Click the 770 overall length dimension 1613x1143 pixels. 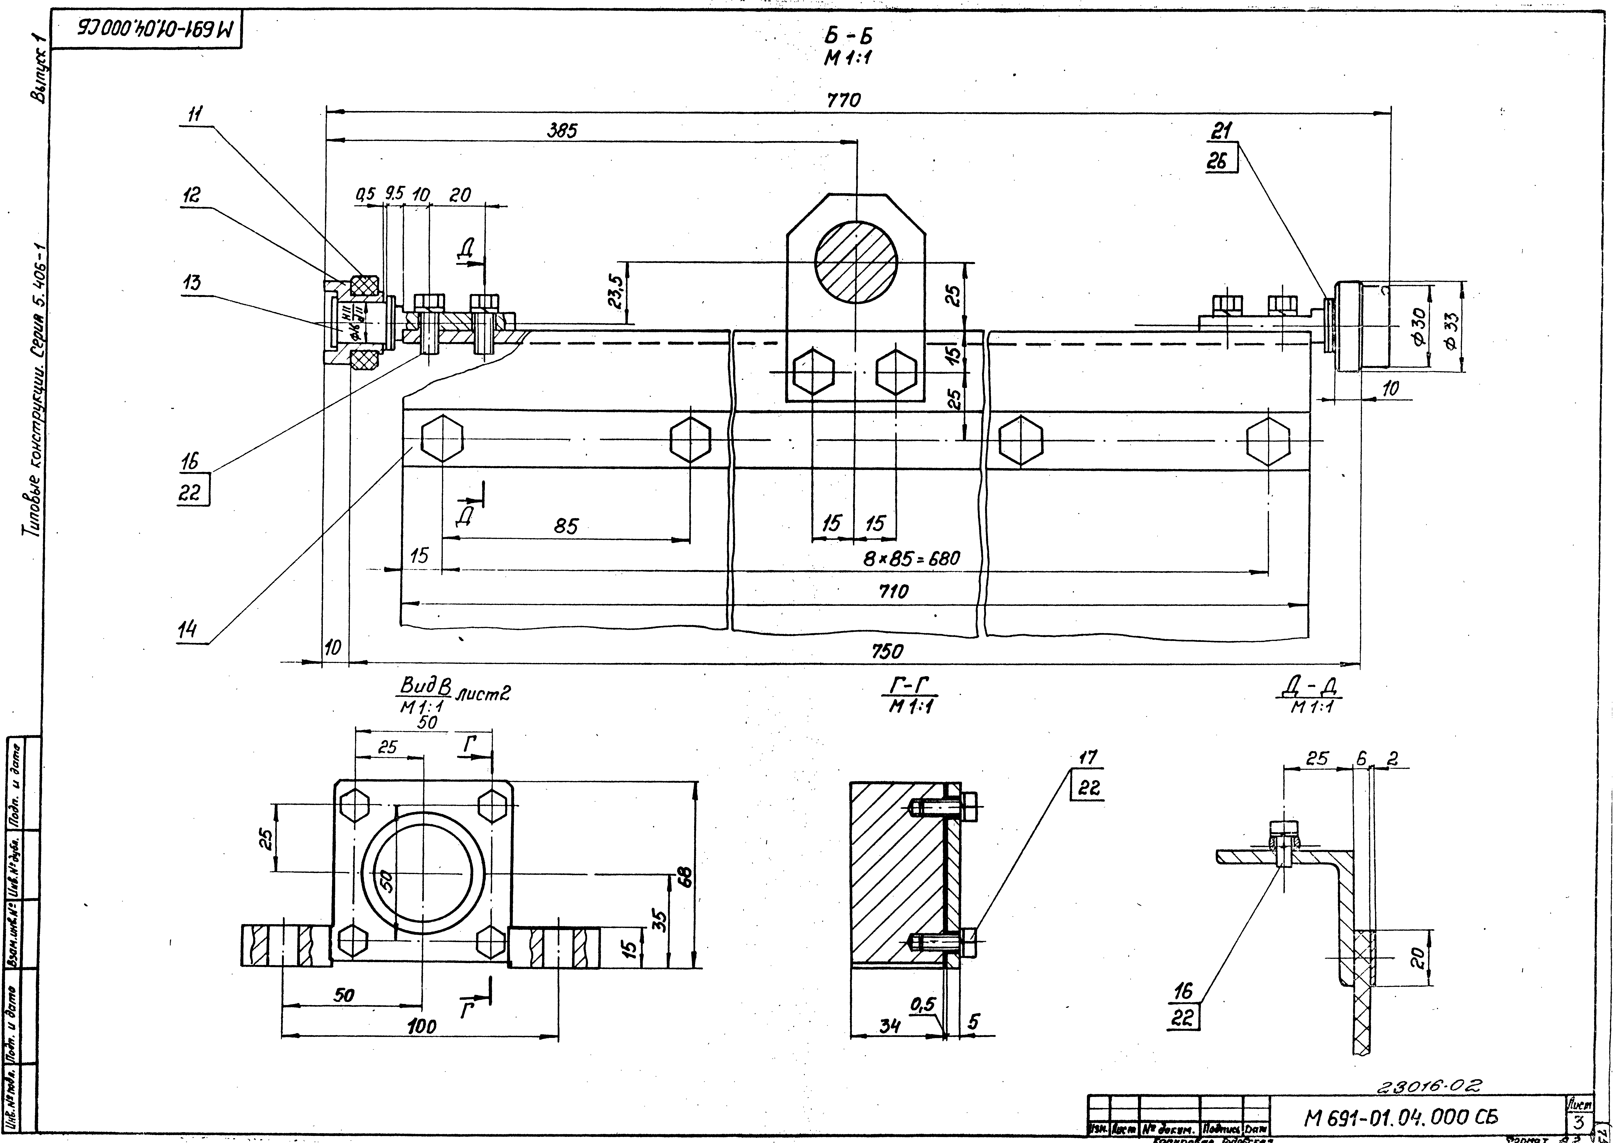point(844,101)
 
